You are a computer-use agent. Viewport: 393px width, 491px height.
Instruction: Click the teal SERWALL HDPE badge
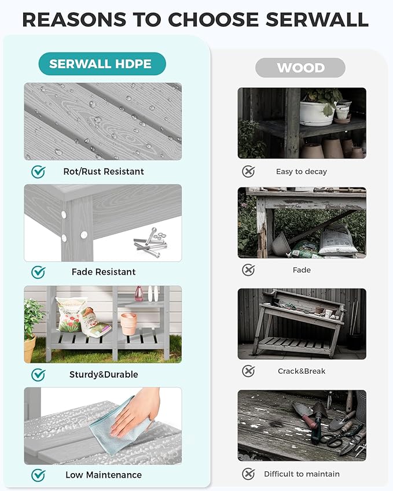[x=102, y=64]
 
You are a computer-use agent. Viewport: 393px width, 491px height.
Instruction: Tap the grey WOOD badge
[x=300, y=68]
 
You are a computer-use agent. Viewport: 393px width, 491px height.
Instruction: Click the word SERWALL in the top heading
[x=317, y=20]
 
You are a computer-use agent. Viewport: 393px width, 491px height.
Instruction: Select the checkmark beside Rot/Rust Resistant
[x=38, y=172]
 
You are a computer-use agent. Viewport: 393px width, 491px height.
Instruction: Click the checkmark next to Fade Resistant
[x=38, y=272]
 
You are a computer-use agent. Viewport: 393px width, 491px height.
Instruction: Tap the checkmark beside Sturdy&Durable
[x=38, y=375]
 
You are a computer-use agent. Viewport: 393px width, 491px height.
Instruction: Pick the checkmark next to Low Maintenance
[x=38, y=475]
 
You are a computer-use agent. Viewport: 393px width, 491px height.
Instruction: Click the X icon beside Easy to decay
[x=248, y=172]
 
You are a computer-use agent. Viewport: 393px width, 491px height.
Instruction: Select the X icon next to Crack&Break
[x=248, y=371]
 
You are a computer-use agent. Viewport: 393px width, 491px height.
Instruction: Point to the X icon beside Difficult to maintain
[x=248, y=474]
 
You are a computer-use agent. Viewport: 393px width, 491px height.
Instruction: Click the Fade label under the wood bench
[x=302, y=270]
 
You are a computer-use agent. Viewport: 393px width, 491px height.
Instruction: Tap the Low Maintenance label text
[x=104, y=475]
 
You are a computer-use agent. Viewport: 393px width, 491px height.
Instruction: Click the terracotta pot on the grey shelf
[x=128, y=324]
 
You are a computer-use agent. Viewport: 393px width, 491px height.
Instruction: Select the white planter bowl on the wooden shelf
[x=317, y=113]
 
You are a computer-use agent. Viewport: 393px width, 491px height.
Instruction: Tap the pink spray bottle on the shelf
[x=139, y=294]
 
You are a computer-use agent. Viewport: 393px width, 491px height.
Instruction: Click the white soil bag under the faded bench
[x=337, y=241]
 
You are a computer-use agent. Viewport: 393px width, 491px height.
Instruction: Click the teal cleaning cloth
[x=120, y=426]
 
